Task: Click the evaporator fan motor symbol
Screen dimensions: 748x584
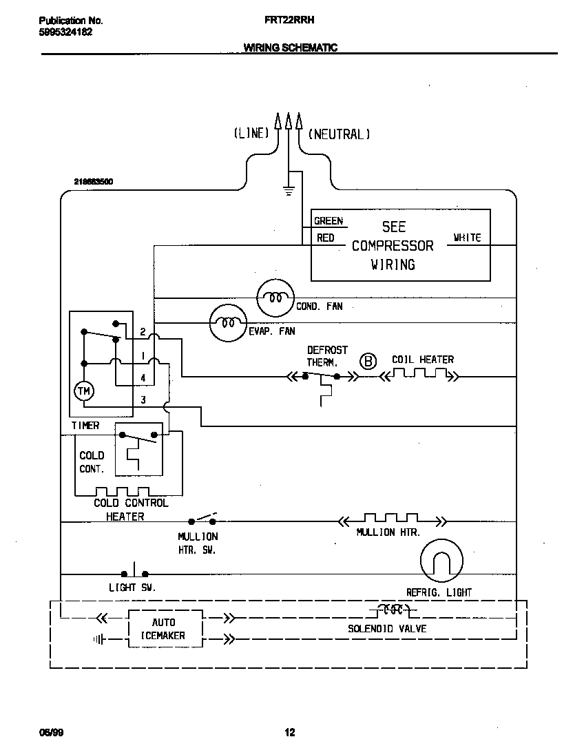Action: point(228,322)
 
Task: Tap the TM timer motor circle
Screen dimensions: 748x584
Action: point(84,391)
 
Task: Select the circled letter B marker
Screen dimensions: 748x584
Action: point(369,361)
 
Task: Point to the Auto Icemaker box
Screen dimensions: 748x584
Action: point(165,629)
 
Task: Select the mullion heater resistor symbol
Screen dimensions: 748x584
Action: point(390,520)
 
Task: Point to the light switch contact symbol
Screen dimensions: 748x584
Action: point(135,572)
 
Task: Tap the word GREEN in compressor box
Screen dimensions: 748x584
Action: point(328,221)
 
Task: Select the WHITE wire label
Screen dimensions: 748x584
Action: point(467,238)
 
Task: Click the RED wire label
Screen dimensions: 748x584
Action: point(325,238)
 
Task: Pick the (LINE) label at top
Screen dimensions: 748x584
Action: point(251,134)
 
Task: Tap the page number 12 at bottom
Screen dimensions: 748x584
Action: point(290,732)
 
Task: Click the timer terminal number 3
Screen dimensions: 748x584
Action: point(143,399)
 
